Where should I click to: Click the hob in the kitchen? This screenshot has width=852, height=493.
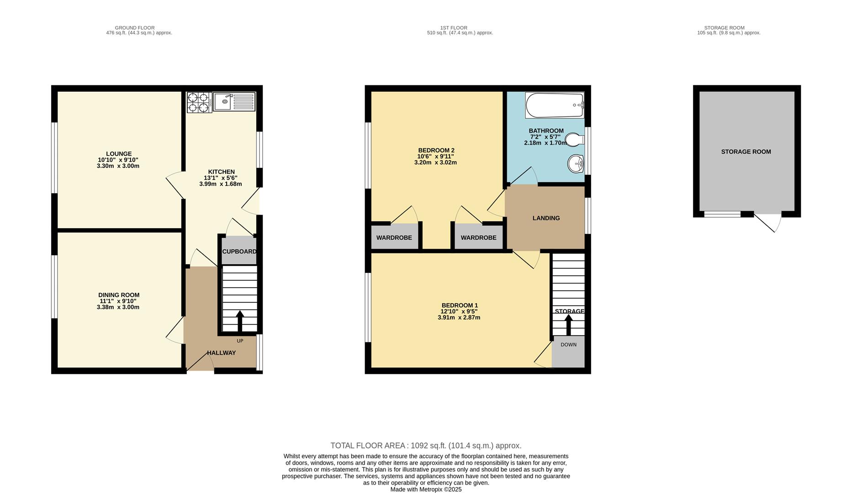[199, 102]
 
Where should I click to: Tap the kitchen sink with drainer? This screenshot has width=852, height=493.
[234, 101]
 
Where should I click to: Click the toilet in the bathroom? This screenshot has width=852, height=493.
[574, 139]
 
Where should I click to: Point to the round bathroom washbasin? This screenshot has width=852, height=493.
[576, 163]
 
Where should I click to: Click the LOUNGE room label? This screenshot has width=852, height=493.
[119, 154]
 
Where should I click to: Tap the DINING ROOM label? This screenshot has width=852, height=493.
[119, 295]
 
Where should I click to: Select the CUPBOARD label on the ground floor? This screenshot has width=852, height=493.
[239, 252]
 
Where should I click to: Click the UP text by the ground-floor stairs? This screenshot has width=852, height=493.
[240, 341]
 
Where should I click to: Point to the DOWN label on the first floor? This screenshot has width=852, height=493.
[568, 345]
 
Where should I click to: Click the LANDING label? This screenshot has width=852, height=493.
[546, 218]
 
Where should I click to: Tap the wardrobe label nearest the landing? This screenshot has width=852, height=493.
[478, 238]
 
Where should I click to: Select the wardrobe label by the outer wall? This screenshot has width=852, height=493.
[394, 238]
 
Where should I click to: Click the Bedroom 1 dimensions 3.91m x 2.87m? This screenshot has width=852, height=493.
[459, 318]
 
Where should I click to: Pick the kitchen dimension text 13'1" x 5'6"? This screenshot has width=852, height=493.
[221, 178]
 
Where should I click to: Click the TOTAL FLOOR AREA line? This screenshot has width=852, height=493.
[426, 446]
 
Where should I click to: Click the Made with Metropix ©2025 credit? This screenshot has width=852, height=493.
[426, 489]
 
